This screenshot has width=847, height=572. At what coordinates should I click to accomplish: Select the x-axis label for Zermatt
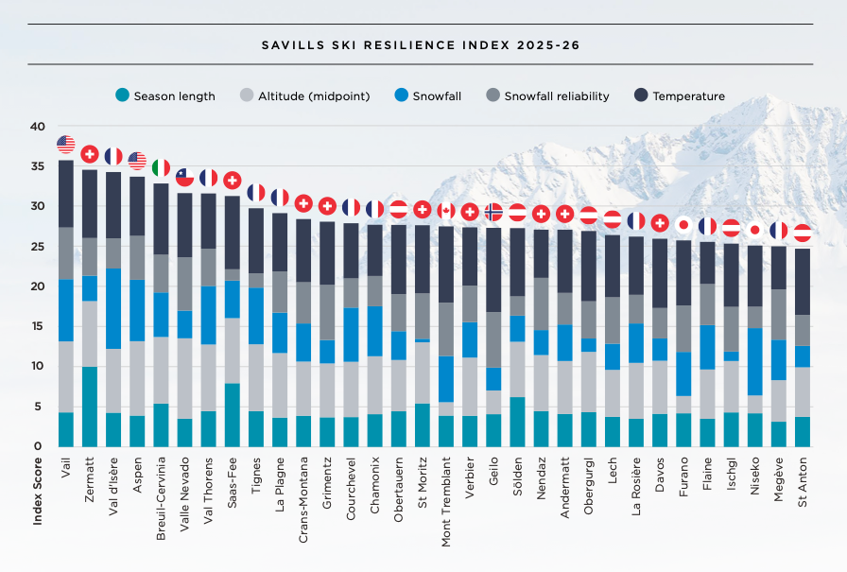pyautogui.click(x=90, y=479)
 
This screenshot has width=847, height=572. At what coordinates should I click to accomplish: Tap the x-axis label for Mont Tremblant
pyautogui.click(x=446, y=496)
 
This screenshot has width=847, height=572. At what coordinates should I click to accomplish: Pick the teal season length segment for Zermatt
pyautogui.click(x=90, y=407)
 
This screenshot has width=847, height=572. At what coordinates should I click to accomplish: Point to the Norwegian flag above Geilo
pyautogui.click(x=493, y=211)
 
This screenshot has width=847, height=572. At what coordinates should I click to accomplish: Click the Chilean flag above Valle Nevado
pyautogui.click(x=185, y=176)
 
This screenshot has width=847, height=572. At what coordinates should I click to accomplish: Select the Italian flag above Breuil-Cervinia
pyautogui.click(x=161, y=167)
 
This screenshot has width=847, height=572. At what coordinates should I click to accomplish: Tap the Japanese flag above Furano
pyautogui.click(x=683, y=224)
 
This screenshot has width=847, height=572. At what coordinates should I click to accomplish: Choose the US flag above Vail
pyautogui.click(x=66, y=144)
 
